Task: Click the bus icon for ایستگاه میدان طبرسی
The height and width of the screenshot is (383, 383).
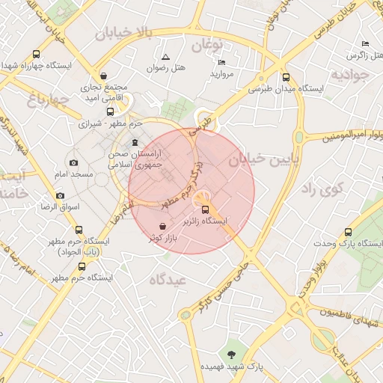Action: (287, 77)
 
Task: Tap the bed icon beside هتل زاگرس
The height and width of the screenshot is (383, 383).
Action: (365, 44)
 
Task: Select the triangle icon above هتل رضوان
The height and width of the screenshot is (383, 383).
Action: (165, 57)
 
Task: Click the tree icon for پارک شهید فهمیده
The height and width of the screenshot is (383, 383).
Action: (231, 355)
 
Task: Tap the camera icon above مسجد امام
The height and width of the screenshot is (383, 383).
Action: (73, 162)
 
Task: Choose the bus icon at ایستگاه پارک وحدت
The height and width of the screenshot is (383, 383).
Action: (348, 233)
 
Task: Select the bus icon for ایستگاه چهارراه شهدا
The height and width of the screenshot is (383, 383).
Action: (37, 54)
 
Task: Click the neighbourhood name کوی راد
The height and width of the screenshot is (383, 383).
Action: (321, 189)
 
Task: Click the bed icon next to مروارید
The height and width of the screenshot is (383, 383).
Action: (221, 62)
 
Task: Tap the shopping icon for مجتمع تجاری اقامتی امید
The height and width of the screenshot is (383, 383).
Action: (102, 76)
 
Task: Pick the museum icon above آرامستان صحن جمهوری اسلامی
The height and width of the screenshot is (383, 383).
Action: (135, 142)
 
